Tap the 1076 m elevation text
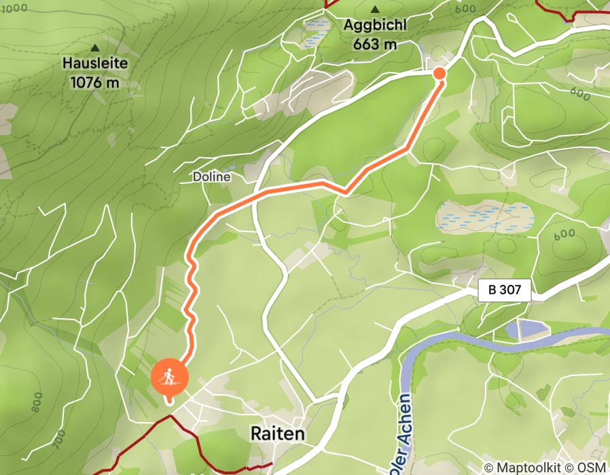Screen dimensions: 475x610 [95, 82]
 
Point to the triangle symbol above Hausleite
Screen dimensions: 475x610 [95, 48]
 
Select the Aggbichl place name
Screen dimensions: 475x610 [375, 26]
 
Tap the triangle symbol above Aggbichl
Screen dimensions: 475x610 [375, 9]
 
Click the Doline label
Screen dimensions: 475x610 [211, 176]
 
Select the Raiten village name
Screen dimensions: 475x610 [277, 433]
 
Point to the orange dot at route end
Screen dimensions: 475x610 [439, 73]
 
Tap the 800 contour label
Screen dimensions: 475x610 [36, 402]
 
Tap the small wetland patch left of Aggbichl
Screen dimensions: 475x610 [315, 31]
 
